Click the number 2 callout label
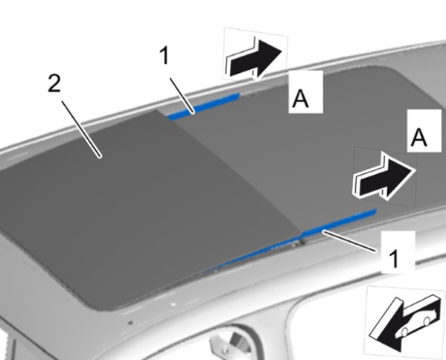point(54,83)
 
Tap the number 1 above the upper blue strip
point(165,55)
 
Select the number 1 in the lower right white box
point(394,258)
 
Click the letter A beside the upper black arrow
point(301,98)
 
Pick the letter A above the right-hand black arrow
point(419,138)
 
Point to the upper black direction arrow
point(254,58)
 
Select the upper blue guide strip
point(203,106)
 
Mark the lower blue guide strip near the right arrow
point(339,223)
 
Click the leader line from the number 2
point(81,129)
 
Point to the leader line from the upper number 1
point(182,96)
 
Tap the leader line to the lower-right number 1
point(349,241)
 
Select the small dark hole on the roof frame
point(130,323)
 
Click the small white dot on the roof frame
point(173,304)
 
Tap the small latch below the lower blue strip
point(297,243)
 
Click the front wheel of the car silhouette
point(404,332)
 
